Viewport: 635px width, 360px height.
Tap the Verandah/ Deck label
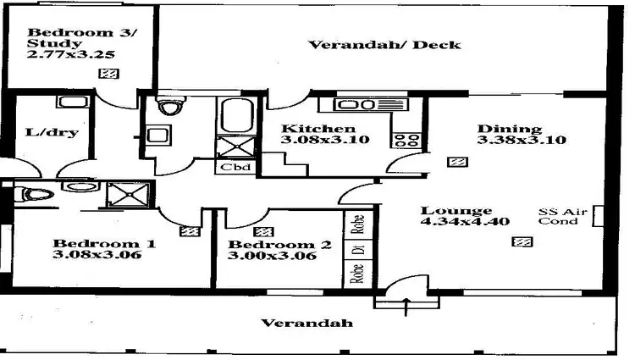(x=384, y=44)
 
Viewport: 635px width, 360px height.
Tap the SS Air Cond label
(x=560, y=216)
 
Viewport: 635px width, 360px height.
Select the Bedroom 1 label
(x=103, y=244)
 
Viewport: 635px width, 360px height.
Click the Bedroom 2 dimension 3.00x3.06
(x=273, y=257)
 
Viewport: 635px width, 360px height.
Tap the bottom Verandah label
(x=306, y=324)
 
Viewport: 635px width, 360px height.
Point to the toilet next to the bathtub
(x=172, y=108)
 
